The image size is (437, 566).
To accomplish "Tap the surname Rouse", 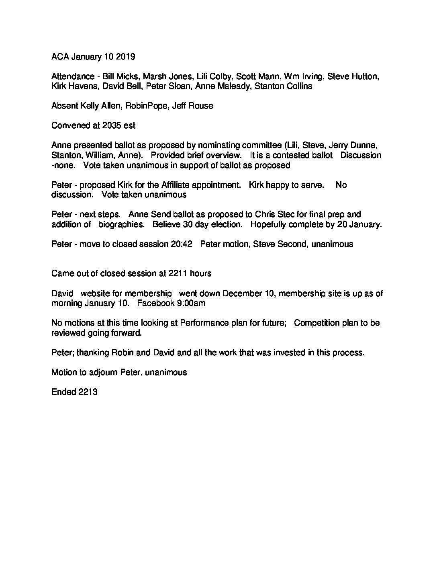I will click(202, 106).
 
